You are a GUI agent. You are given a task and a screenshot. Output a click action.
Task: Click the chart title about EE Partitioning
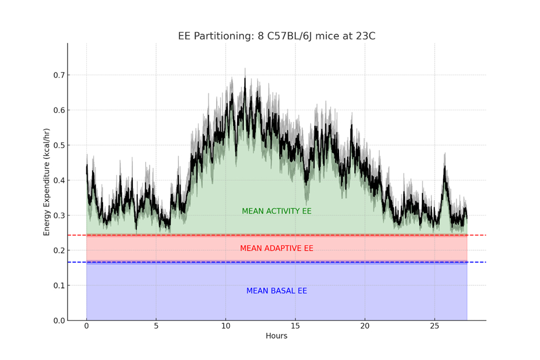coord(276,37)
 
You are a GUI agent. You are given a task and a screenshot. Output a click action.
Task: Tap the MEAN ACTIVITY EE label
coord(276,211)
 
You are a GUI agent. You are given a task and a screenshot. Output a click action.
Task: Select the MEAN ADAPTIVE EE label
coord(276,248)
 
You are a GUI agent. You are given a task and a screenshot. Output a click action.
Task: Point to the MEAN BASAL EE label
coord(276,291)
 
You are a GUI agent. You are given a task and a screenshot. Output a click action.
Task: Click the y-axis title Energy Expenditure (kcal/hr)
coord(47,182)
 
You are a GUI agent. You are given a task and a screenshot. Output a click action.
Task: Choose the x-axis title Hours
coord(276,336)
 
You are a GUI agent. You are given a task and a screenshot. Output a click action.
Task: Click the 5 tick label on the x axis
coord(156,326)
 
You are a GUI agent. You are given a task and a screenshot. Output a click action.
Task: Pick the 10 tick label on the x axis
coord(225,326)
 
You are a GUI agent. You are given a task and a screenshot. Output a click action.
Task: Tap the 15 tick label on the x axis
coord(295,326)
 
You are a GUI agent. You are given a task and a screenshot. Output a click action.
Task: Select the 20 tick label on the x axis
coord(365,326)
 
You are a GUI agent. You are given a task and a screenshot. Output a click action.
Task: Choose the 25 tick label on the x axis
coord(435,326)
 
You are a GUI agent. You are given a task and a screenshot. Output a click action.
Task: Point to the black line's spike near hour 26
coord(444,166)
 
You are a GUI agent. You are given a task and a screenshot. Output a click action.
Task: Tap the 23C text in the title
coord(365,37)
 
